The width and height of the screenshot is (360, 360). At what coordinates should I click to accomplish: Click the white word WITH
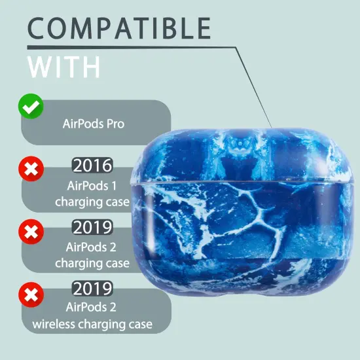tap(65, 67)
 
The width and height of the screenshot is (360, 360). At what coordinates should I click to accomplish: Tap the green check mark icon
tap(31, 107)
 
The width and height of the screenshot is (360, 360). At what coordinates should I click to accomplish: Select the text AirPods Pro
tap(93, 123)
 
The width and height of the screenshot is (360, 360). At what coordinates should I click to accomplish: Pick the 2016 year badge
tap(92, 165)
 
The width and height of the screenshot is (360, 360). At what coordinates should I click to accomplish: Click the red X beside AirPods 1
tap(31, 171)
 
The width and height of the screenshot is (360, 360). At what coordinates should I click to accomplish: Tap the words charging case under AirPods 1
tap(92, 202)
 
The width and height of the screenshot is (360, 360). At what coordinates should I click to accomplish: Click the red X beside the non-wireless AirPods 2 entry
tap(31, 230)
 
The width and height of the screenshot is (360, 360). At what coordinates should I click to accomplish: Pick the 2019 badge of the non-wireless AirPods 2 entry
tap(92, 228)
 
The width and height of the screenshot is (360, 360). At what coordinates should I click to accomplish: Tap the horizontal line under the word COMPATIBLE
tap(131, 48)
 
